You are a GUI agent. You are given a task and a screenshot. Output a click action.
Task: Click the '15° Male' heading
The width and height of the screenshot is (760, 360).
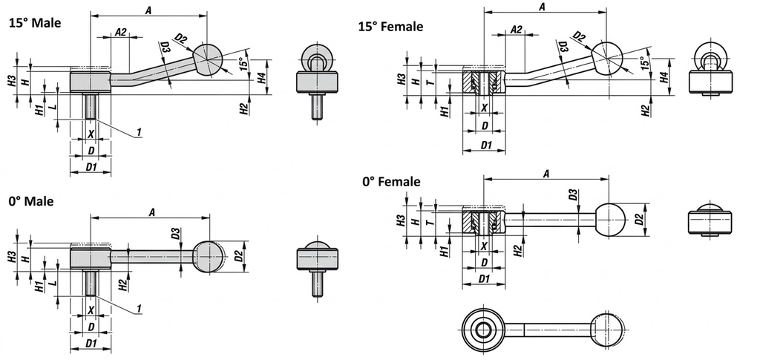tap(34, 23)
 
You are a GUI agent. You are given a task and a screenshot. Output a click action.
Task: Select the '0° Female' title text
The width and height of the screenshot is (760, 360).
tap(391, 181)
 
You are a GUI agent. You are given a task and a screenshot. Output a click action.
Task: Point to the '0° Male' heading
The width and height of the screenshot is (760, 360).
tap(31, 201)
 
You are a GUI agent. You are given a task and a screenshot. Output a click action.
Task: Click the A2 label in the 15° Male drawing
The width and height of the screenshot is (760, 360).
tap(121, 32)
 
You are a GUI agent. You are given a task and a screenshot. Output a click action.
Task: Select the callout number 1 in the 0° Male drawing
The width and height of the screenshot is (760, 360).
tap(139, 308)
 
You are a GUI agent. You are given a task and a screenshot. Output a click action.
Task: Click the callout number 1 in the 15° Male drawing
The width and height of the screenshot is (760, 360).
tap(139, 132)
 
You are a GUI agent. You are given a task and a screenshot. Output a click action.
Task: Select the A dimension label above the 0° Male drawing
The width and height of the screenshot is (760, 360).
tap(151, 212)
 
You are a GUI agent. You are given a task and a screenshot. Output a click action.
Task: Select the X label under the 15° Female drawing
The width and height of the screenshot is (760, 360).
tap(485, 108)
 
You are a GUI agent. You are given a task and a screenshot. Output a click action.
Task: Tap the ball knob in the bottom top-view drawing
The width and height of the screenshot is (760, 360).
tap(608, 328)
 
